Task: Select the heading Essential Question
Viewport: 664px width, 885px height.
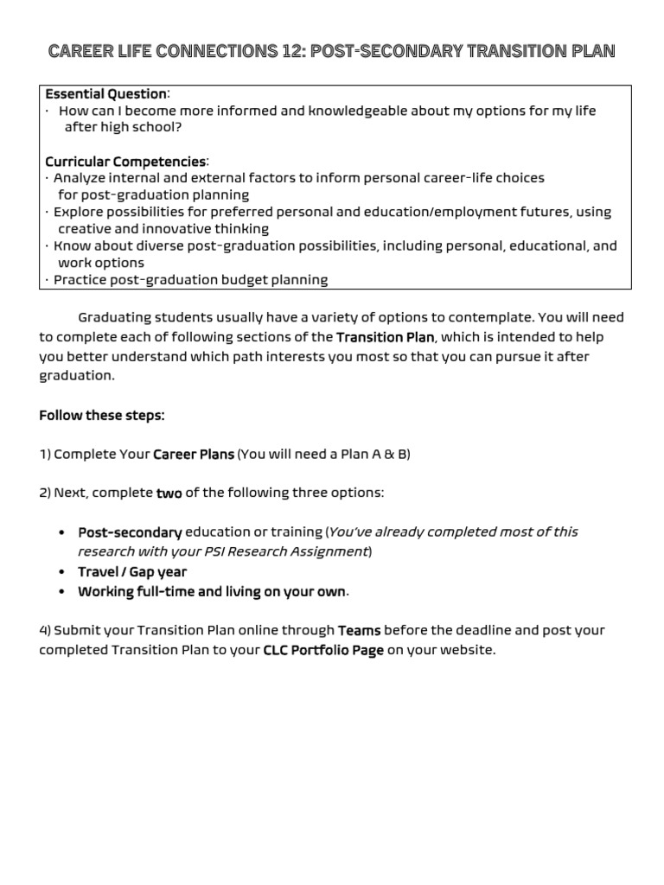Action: (105, 93)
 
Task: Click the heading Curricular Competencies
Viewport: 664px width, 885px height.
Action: (125, 162)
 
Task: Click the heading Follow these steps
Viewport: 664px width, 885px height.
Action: (101, 416)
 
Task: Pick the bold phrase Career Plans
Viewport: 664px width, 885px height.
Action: (194, 455)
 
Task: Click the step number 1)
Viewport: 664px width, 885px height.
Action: (45, 455)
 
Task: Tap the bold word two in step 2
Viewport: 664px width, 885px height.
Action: (169, 493)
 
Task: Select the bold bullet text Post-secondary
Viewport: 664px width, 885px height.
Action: (130, 532)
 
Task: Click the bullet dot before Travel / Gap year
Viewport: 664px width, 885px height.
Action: (62, 572)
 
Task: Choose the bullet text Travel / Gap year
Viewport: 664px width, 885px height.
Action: (132, 572)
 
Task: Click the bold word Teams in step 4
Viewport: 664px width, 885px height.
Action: (359, 631)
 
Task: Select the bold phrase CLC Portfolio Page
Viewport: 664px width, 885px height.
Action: (323, 651)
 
